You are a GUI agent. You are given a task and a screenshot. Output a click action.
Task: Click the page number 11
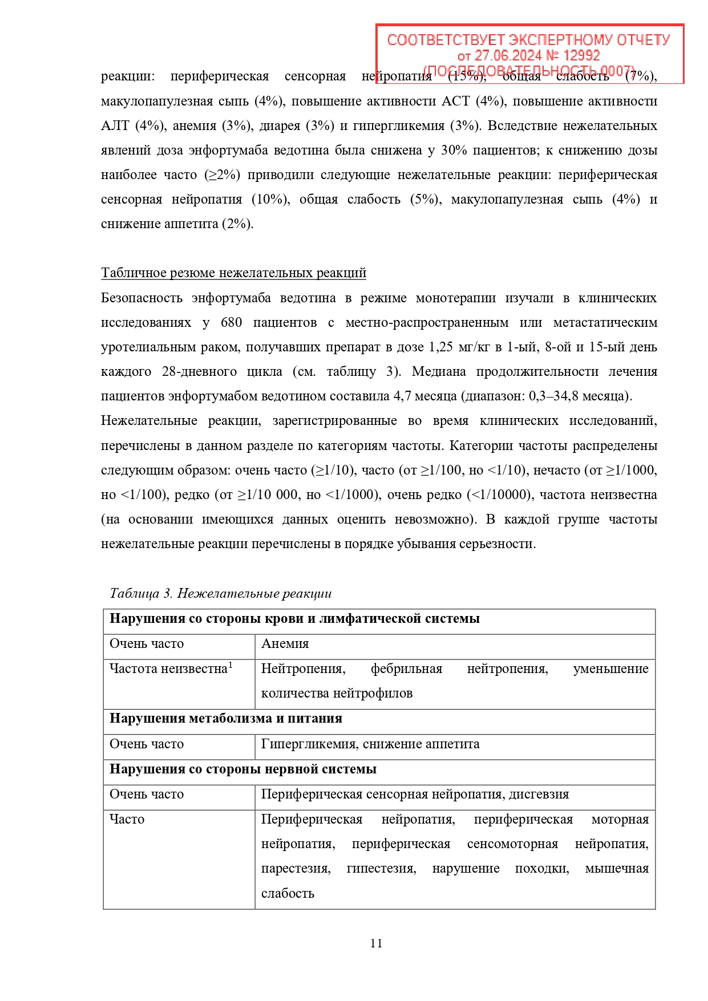pos(376,943)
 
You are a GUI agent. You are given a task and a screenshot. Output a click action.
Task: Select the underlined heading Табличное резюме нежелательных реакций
pos(233,273)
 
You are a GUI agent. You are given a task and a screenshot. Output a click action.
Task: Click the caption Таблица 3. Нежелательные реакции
pos(220,593)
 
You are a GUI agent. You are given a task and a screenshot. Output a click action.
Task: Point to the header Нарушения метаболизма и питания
pos(226,718)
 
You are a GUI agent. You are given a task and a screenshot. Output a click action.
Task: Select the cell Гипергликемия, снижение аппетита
pos(370,744)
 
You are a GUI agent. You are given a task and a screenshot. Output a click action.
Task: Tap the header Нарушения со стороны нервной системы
pos(243,769)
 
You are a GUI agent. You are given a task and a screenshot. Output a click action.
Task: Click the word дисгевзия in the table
pos(539,794)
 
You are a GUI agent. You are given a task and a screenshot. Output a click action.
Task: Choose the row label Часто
pos(127,819)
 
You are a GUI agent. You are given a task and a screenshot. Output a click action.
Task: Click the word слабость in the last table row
pos(288,893)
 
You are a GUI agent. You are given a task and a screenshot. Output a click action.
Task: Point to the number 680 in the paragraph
pos(231,322)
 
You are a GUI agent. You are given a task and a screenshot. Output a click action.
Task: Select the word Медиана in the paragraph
pos(439,371)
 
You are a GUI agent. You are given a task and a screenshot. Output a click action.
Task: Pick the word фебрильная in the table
pos(406,668)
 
